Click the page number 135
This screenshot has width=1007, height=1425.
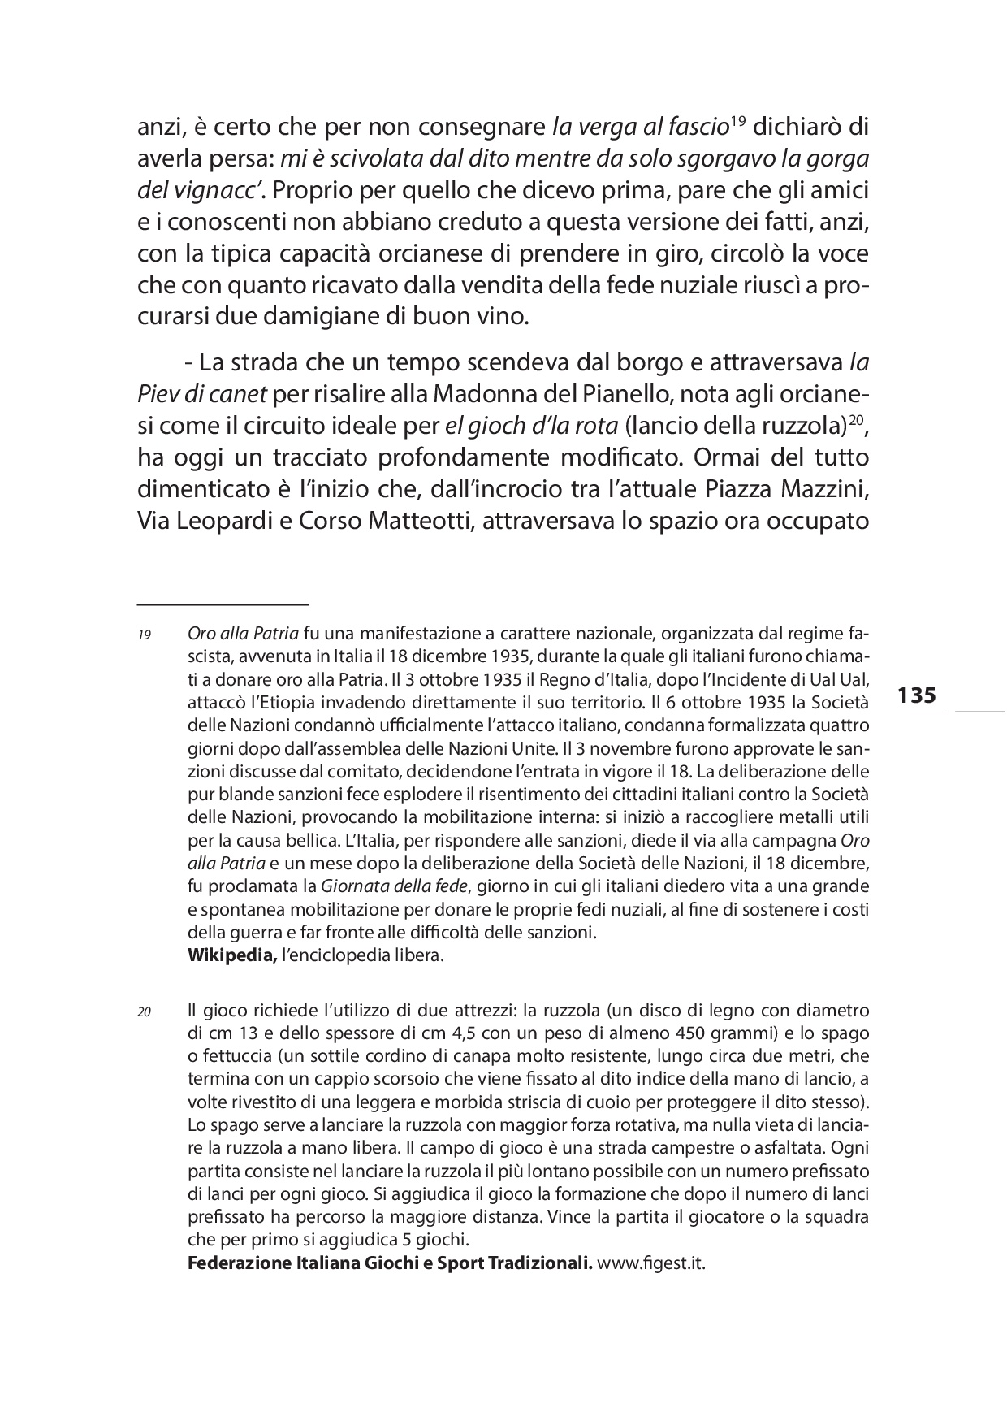coord(917,695)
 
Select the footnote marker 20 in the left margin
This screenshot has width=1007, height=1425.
coord(145,1013)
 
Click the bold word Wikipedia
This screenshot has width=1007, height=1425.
coord(232,955)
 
